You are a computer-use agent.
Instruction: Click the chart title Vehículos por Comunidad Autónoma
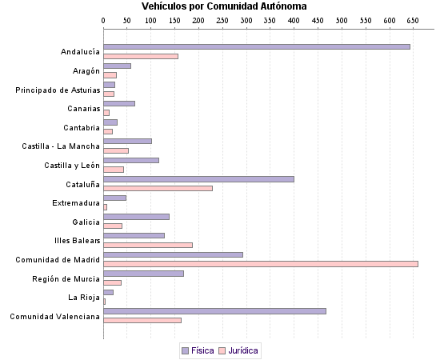pyautogui.click(x=224, y=6)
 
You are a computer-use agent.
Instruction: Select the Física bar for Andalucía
pyautogui.click(x=257, y=46)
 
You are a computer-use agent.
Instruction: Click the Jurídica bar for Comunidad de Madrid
pyautogui.click(x=261, y=263)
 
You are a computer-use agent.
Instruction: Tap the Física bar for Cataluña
pyautogui.click(x=198, y=178)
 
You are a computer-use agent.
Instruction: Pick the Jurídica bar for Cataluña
pyautogui.click(x=158, y=188)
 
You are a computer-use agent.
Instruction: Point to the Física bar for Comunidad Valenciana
pyautogui.click(x=214, y=310)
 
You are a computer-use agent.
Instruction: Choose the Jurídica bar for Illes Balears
pyautogui.click(x=148, y=245)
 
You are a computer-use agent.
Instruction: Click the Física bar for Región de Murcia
pyautogui.click(x=143, y=273)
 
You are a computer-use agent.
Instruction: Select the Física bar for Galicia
pyautogui.click(x=136, y=216)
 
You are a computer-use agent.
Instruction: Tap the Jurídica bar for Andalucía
pyautogui.click(x=141, y=56)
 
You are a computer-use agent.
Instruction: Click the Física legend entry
pyautogui.click(x=197, y=350)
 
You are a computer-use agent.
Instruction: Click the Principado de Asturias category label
pyautogui.click(x=58, y=90)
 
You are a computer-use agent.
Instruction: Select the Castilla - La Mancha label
pyautogui.click(x=61, y=146)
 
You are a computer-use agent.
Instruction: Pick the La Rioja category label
pyautogui.click(x=84, y=297)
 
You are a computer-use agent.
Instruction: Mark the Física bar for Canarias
pyautogui.click(x=119, y=103)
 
